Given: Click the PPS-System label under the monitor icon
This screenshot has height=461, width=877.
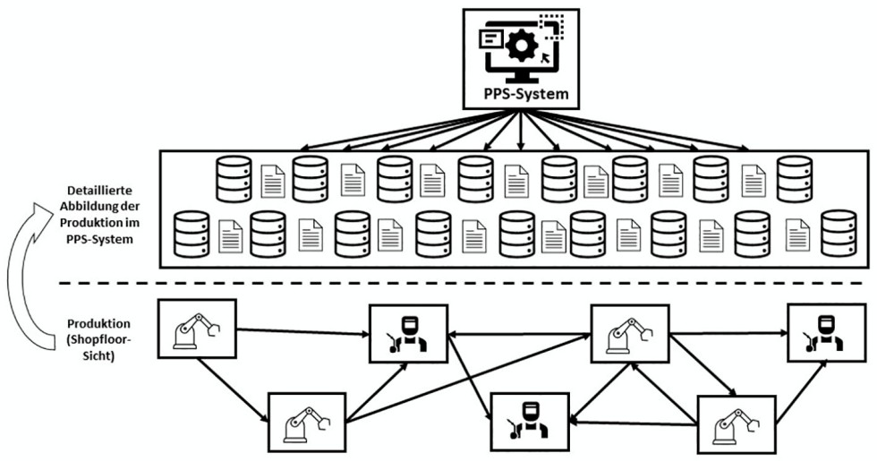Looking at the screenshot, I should click(x=519, y=92).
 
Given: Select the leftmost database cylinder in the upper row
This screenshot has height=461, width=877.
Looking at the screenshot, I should click(x=234, y=177).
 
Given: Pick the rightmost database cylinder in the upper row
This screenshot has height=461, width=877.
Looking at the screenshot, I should click(x=793, y=177).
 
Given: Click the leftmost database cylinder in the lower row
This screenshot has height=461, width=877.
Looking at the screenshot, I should click(x=191, y=233).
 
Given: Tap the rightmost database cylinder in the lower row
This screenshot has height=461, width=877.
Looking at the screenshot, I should click(x=839, y=233).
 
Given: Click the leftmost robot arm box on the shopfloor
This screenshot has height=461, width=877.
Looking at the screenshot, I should click(x=196, y=330).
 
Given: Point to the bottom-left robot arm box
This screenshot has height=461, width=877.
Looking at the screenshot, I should click(x=307, y=422).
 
